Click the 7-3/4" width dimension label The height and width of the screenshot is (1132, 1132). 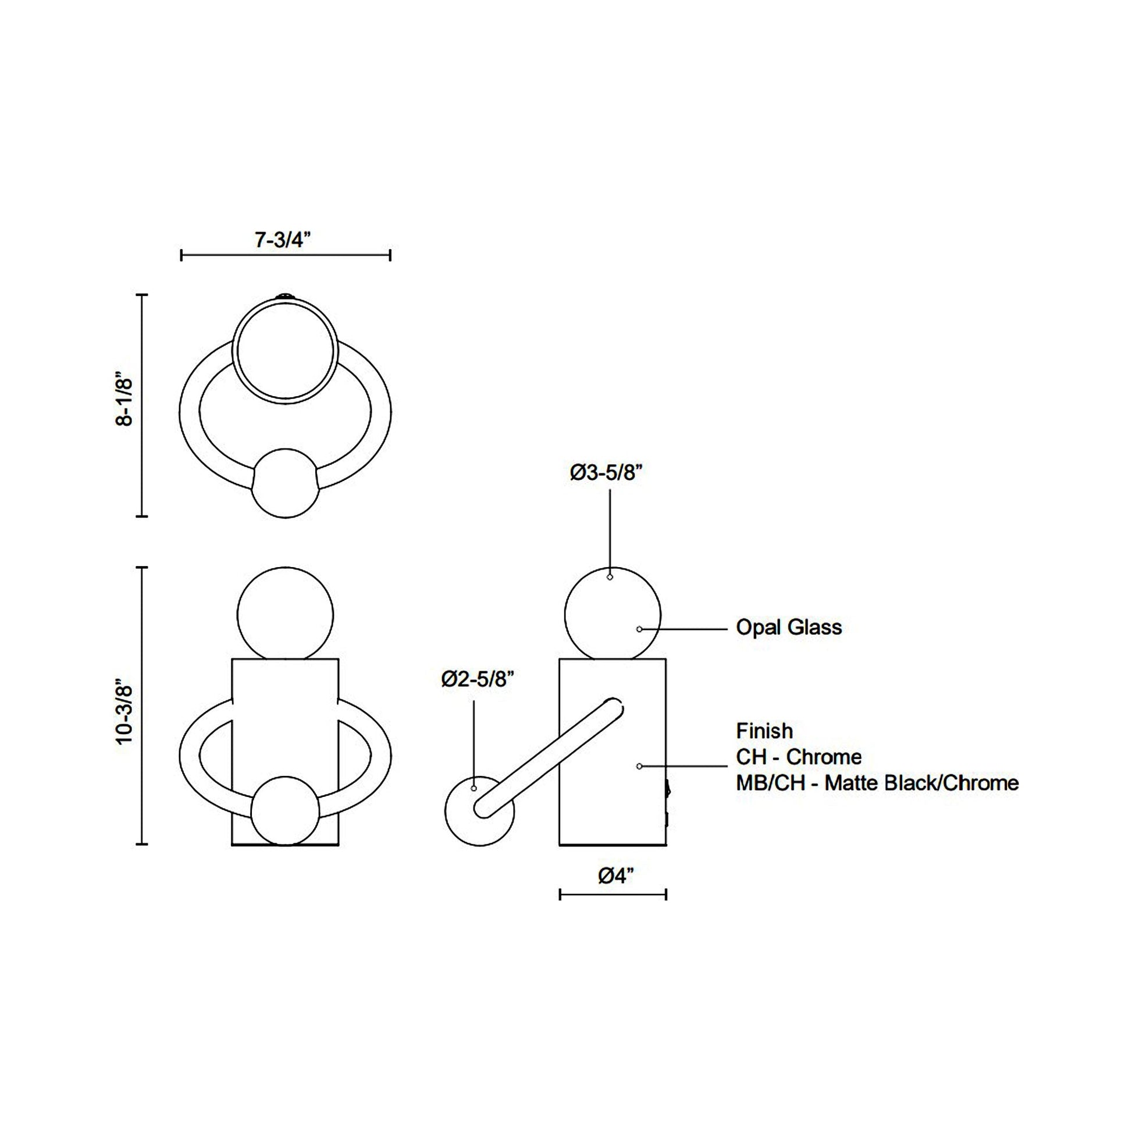282,240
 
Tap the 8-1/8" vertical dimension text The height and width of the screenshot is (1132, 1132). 125,401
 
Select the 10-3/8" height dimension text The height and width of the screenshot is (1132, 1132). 125,711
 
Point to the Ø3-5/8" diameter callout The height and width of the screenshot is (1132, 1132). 606,473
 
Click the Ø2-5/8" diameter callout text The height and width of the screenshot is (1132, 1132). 478,679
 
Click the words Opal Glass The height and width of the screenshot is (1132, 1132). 789,628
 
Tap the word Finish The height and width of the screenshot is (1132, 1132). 764,731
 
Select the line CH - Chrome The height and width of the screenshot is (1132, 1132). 799,757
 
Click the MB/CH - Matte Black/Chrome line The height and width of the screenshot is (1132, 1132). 877,783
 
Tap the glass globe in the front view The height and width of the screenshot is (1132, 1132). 286,615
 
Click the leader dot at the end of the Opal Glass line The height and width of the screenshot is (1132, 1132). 639,629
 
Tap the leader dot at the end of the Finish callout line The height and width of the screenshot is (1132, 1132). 639,766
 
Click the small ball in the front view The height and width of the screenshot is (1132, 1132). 286,811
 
